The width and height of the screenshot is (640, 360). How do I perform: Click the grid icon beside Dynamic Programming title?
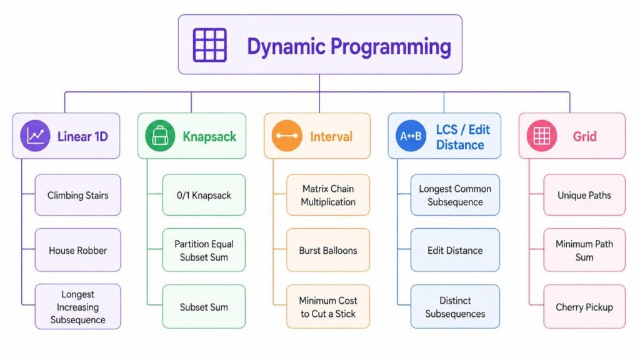(x=209, y=45)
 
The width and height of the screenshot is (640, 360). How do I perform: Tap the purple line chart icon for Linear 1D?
(x=36, y=136)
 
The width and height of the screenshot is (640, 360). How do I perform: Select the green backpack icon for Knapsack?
(x=160, y=136)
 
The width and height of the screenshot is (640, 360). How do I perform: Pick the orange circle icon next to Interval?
(x=287, y=136)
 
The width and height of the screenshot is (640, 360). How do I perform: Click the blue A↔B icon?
(x=411, y=136)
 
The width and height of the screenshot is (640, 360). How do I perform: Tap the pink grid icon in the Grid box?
(x=541, y=136)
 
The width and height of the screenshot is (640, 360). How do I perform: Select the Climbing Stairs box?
(x=77, y=195)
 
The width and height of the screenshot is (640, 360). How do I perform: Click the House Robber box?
(x=77, y=251)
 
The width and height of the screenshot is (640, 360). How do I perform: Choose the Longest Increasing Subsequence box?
(x=77, y=307)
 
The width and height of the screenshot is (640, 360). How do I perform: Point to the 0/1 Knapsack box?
(x=204, y=195)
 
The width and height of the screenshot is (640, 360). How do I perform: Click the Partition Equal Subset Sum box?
(x=204, y=251)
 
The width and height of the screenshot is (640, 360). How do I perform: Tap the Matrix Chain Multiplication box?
(x=328, y=195)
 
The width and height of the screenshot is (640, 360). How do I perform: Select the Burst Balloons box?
(x=328, y=251)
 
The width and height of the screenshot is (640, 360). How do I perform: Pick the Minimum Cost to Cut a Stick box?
(x=328, y=307)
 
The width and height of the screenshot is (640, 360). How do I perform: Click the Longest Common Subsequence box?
(x=455, y=195)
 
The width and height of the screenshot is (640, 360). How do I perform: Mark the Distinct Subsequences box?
(x=455, y=307)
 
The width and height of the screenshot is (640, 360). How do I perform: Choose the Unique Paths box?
(x=584, y=195)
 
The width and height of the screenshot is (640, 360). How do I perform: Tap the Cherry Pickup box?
(x=584, y=307)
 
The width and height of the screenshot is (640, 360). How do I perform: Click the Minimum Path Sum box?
(x=584, y=251)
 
